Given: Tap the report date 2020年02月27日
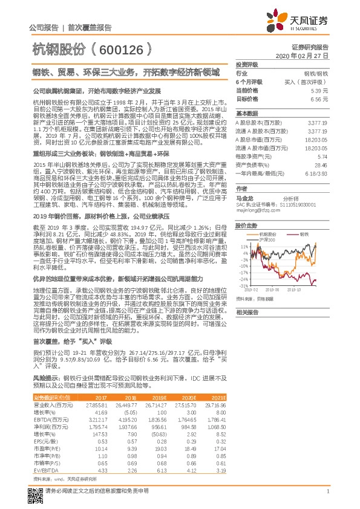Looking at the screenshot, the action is pyautogui.click(x=306, y=56).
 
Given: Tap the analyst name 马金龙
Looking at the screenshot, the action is pyautogui.click(x=244, y=198).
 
